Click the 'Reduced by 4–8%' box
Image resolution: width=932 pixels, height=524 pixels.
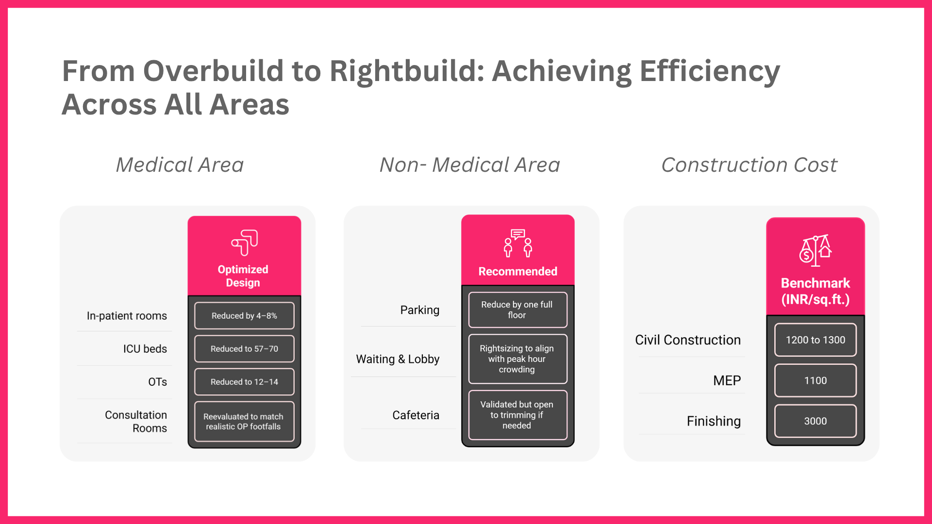click(x=244, y=316)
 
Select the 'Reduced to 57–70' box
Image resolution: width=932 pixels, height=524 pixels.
click(x=244, y=349)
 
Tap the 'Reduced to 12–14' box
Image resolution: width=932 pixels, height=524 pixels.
click(x=244, y=382)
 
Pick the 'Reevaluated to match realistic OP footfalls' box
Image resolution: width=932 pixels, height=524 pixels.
click(x=244, y=421)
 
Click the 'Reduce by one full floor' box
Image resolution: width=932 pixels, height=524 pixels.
click(x=517, y=310)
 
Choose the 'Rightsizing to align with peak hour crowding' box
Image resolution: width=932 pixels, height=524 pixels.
click(x=517, y=359)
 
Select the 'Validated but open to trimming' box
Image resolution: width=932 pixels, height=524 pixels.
click(x=517, y=415)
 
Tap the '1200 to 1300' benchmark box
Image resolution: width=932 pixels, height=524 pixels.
click(x=815, y=340)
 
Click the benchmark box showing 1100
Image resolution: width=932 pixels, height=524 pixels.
click(x=815, y=380)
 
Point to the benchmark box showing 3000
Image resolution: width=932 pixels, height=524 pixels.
click(x=815, y=421)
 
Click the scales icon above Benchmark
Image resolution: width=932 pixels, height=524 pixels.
click(x=815, y=251)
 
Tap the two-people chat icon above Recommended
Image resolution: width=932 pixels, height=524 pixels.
click(x=517, y=243)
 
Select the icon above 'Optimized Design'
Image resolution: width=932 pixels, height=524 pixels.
click(x=244, y=243)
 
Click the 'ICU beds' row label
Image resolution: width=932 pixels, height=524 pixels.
click(x=145, y=349)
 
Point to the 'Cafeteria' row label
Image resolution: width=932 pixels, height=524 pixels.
click(x=416, y=415)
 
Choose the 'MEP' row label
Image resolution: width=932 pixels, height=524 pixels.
click(x=727, y=380)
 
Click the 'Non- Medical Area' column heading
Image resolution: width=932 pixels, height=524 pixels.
click(x=469, y=165)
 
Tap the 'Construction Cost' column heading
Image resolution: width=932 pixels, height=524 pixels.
click(x=749, y=165)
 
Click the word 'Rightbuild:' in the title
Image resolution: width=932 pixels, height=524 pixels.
click(x=407, y=71)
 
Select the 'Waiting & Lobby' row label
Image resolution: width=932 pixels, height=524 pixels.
click(x=398, y=359)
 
